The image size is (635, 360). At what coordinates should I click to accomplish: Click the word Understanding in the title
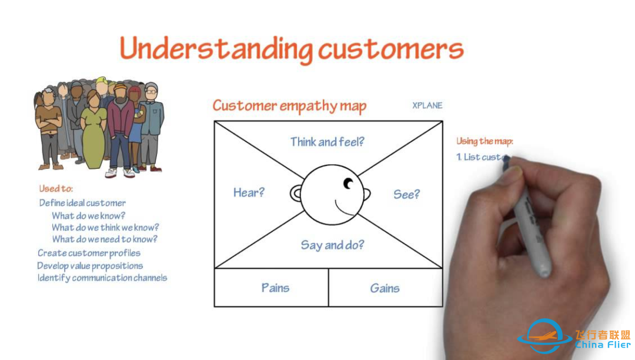pos(216,49)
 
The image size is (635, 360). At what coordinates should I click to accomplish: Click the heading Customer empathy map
pos(289,106)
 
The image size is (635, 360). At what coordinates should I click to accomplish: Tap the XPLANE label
pos(427,105)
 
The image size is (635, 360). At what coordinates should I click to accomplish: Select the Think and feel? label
pos(327,142)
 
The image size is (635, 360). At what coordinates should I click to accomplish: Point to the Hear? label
pos(249,192)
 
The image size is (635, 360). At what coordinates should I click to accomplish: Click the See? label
pos(407,194)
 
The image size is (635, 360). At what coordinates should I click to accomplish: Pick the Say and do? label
pos(332,245)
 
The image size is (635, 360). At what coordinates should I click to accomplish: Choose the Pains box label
pos(275,288)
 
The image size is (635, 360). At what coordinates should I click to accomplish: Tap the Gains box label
pos(385,288)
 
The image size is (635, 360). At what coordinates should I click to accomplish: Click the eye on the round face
pos(348,184)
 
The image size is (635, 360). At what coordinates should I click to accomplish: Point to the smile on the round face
pos(343,208)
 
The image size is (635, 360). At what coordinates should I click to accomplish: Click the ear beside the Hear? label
pos(296,194)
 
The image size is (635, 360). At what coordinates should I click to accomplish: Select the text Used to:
pos(56,188)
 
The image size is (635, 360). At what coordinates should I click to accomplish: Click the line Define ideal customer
pos(82,203)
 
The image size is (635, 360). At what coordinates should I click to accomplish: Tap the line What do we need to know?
pos(105,239)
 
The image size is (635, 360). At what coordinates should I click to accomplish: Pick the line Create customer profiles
pos(89,253)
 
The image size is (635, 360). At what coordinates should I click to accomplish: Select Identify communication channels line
pos(102,278)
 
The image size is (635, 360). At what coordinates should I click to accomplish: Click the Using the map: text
pos(484,141)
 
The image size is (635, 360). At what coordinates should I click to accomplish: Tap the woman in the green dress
pos(93,129)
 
